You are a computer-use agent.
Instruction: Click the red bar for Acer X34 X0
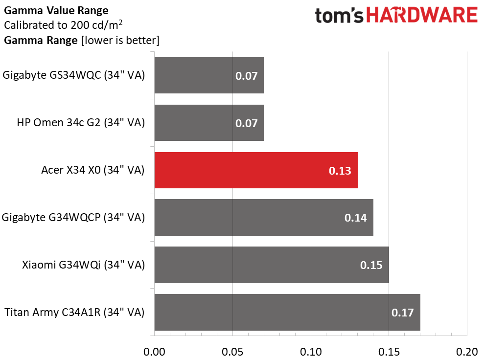[255, 170]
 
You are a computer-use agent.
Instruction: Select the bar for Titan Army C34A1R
[287, 312]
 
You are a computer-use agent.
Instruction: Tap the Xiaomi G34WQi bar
[271, 265]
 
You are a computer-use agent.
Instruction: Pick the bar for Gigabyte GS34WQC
[209, 75]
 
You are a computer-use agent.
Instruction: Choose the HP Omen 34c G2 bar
[209, 123]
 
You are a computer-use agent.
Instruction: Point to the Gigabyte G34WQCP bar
[263, 218]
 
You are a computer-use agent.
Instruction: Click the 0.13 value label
[340, 171]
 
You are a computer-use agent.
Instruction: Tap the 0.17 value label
[403, 313]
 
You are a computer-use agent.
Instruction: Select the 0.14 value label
[356, 218]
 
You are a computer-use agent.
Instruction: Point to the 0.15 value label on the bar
[371, 265]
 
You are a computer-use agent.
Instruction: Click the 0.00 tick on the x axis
[154, 352]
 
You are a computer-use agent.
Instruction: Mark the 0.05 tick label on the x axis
[232, 352]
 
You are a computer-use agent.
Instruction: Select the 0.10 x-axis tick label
[311, 352]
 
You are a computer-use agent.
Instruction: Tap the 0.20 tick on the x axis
[467, 352]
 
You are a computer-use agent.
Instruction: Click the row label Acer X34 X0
[93, 170]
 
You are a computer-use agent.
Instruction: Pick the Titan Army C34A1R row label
[74, 312]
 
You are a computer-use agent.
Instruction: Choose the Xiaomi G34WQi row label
[83, 265]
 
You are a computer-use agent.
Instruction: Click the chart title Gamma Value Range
[56, 10]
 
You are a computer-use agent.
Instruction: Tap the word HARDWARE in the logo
[422, 15]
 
